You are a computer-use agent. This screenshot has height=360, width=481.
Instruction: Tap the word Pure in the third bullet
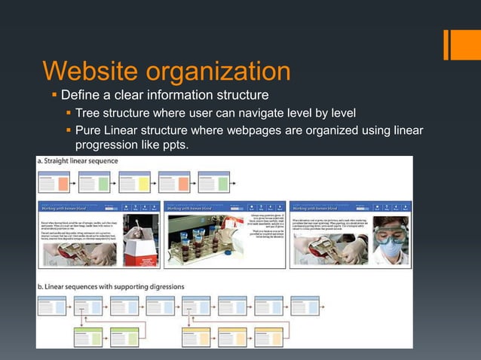(x=90, y=132)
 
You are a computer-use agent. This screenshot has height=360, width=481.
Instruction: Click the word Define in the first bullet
(x=81, y=96)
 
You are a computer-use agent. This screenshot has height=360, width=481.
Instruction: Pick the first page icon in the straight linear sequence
(x=54, y=182)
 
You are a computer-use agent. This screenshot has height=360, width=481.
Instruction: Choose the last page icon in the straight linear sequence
(x=213, y=182)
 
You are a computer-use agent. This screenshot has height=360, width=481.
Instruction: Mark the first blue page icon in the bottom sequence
(x=53, y=305)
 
